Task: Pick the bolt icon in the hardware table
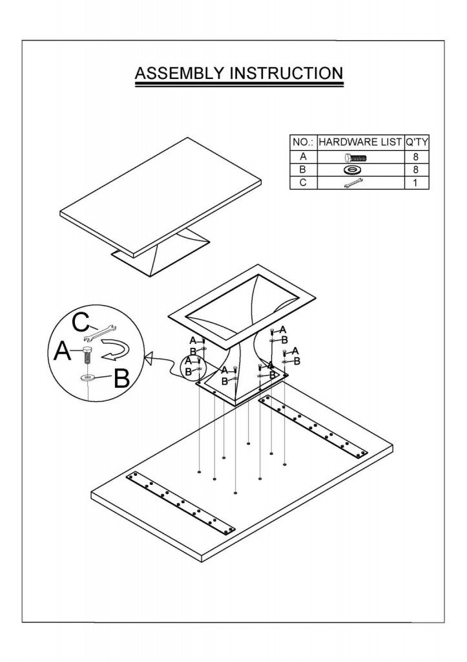pyautogui.click(x=356, y=156)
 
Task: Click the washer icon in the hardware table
pyautogui.click(x=353, y=169)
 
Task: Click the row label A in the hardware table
pyautogui.click(x=303, y=156)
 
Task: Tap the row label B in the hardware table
pyautogui.click(x=303, y=169)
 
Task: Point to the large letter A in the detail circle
pyautogui.click(x=63, y=352)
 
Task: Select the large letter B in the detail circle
pyautogui.click(x=121, y=378)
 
